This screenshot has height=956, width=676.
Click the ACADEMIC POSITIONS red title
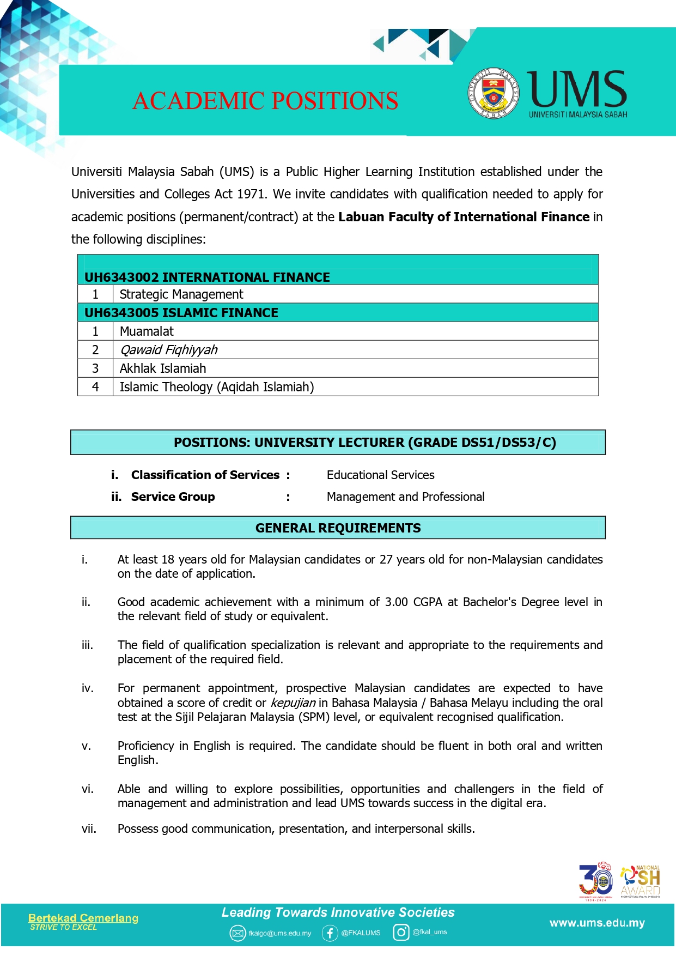(265, 101)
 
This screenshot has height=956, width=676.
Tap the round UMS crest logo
(493, 93)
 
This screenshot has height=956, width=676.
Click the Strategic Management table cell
(181, 294)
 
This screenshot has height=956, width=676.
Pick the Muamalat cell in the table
(147, 331)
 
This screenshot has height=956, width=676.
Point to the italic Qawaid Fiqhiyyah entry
(168, 350)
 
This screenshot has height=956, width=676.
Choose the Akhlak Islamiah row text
(163, 368)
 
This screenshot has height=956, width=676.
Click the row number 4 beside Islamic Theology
(95, 387)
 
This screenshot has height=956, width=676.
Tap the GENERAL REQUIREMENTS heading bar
(338, 528)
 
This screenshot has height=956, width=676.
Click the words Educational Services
(380, 475)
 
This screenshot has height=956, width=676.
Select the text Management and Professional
(405, 497)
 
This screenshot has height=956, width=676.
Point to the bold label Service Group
(173, 497)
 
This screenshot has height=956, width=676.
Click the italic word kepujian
(293, 703)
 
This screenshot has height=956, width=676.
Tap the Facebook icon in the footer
(330, 933)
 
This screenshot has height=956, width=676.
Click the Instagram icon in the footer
(401, 933)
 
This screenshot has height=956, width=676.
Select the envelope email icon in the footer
(237, 934)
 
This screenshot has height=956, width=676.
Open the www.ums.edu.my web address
(597, 923)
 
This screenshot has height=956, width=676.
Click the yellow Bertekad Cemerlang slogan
(83, 918)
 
